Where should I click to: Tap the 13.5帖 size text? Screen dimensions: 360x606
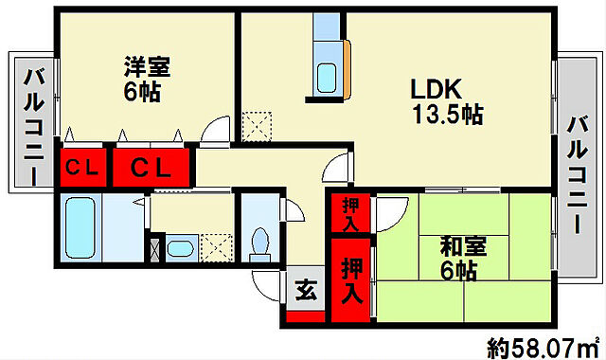click(447, 116)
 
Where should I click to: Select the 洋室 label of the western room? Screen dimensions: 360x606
click(146, 68)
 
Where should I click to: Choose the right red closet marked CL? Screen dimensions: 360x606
click(151, 169)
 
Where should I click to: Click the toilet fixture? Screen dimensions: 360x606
click(258, 242)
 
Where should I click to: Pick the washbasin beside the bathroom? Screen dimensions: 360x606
click(178, 249)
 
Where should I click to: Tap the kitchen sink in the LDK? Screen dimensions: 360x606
click(327, 75)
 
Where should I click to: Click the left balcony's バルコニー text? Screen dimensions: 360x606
click(33, 124)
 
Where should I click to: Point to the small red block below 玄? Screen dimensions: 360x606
click(305, 317)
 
